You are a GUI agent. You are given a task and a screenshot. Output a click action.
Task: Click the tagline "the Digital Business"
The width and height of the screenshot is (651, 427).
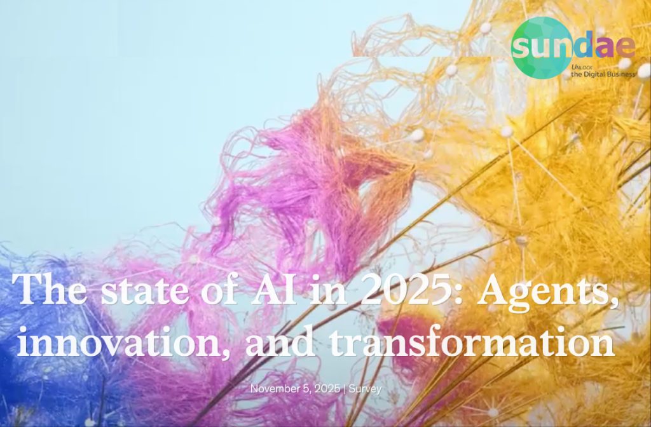pos(603,74)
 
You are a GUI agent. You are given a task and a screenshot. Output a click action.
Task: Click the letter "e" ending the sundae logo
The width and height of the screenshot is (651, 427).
pos(626,46)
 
